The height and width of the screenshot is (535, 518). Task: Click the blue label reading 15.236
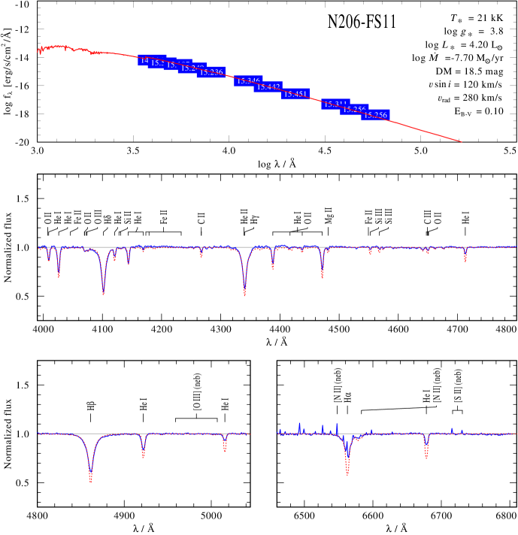(x=212, y=72)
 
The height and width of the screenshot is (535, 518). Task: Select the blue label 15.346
(x=247, y=80)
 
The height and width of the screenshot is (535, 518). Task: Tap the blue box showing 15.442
(x=268, y=87)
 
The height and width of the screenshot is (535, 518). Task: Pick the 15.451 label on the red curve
(x=295, y=94)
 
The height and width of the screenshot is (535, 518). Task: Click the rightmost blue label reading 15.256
(x=375, y=115)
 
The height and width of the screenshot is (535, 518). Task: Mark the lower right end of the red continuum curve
(x=461, y=141)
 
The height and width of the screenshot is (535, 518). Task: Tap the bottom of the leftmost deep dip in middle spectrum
(x=103, y=293)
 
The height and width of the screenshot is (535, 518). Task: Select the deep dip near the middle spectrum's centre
(x=244, y=294)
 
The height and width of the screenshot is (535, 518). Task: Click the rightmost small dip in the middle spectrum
(x=465, y=260)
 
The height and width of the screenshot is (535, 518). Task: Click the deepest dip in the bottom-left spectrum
(x=90, y=479)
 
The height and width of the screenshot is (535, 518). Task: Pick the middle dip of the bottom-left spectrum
(x=143, y=456)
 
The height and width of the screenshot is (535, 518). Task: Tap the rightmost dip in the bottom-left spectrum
(x=225, y=450)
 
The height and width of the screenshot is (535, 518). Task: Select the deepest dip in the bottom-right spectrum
(x=347, y=473)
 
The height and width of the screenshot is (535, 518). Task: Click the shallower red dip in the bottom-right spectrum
(x=426, y=457)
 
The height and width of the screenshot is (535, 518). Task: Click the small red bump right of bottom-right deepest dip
(x=356, y=440)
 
